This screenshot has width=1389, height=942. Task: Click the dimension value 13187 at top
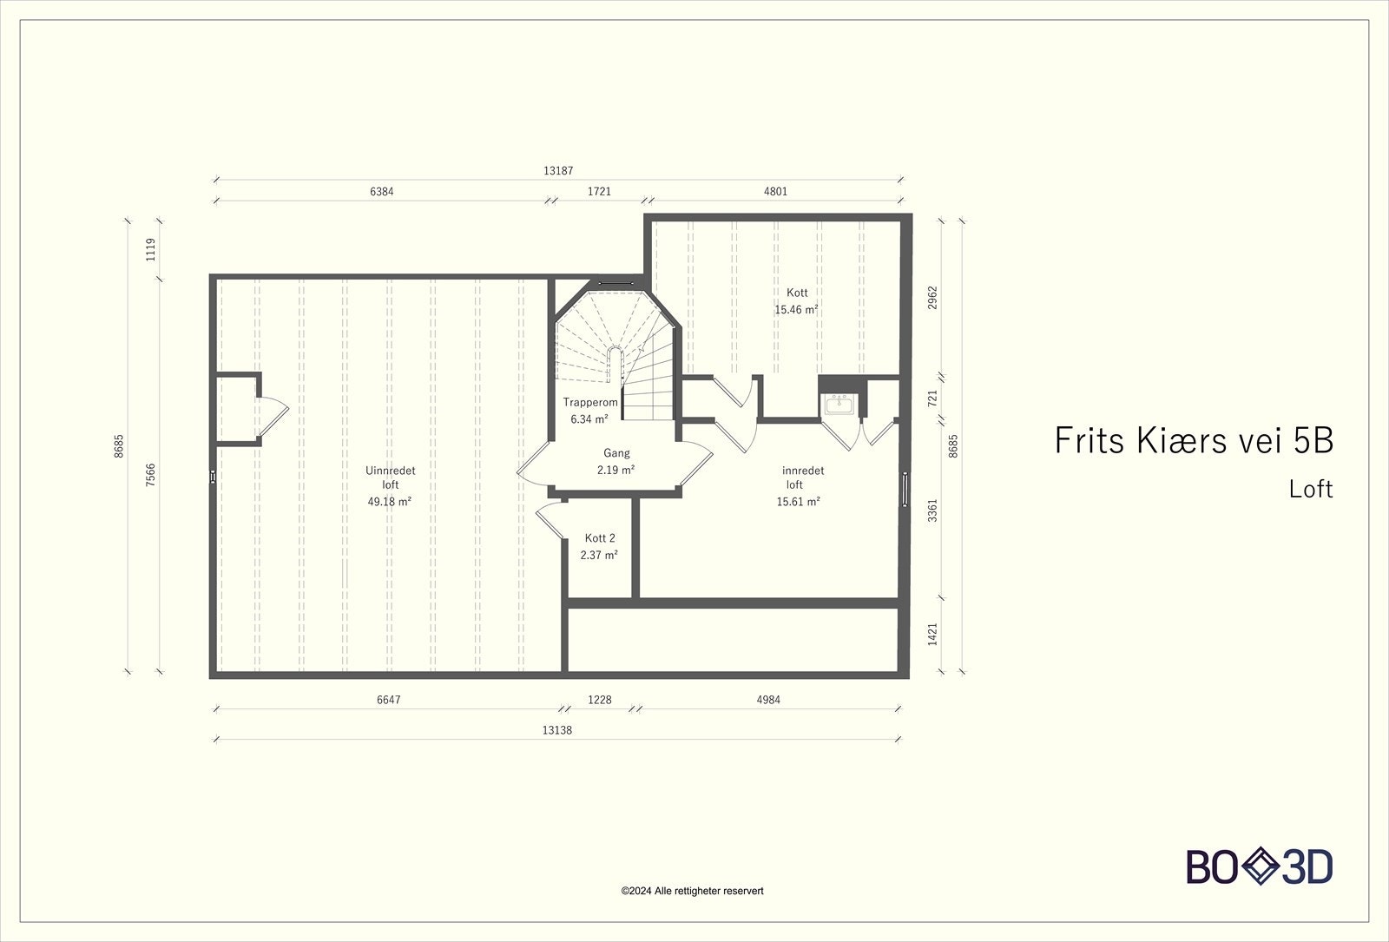click(x=558, y=171)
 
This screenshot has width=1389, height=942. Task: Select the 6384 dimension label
click(x=381, y=192)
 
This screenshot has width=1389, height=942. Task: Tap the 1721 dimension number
click(x=599, y=192)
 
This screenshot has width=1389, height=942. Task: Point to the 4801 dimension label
click(x=775, y=192)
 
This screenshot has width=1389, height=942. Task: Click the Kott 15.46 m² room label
click(x=797, y=301)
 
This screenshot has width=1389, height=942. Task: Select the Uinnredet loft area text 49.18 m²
click(x=389, y=502)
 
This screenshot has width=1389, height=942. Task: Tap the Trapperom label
click(x=590, y=402)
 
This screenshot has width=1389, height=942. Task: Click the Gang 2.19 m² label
click(x=616, y=461)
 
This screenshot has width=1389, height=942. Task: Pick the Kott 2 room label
click(x=599, y=538)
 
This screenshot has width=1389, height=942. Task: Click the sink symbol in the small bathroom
click(x=839, y=404)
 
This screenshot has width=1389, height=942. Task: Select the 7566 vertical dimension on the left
click(x=151, y=475)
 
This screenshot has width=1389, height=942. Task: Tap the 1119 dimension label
click(x=151, y=250)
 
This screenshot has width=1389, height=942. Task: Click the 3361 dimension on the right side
click(x=932, y=510)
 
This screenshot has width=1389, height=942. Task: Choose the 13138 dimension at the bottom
click(x=556, y=730)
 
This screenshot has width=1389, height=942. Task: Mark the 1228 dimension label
click(x=600, y=700)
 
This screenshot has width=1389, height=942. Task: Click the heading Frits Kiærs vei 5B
click(x=1193, y=441)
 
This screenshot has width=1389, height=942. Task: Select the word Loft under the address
click(x=1310, y=489)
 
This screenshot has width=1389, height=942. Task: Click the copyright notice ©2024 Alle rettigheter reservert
click(x=692, y=891)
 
